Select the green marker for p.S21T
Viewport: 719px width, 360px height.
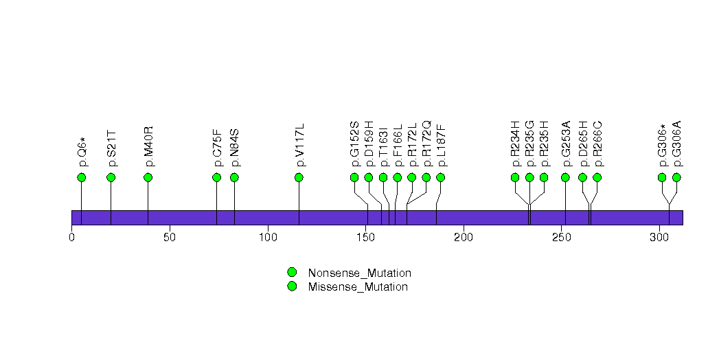[111, 177]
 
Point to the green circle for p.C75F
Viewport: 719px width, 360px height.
[217, 177]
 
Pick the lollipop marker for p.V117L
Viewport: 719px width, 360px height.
[299, 177]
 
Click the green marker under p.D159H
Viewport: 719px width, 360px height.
[369, 177]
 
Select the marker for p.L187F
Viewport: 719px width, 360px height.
[440, 177]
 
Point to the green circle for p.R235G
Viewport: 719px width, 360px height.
[529, 177]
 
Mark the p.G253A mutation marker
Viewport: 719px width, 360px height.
[565, 177]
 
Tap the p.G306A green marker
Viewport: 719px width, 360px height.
[676, 177]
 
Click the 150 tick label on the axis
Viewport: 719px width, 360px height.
[366, 238]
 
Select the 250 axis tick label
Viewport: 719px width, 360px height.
[562, 238]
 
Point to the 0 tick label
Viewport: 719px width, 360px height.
[72, 238]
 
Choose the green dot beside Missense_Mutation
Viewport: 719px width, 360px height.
[292, 286]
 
